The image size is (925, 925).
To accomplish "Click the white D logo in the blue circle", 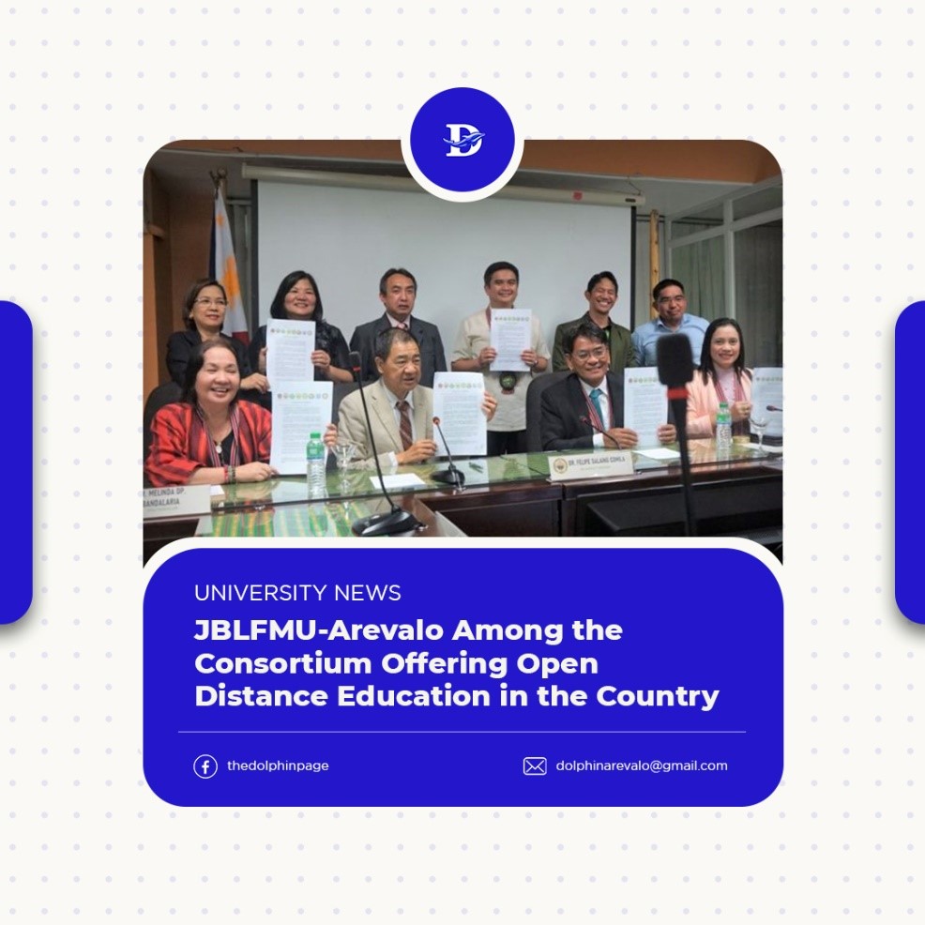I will coord(462,142).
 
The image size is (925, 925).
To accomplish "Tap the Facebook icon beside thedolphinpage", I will coord(205,766).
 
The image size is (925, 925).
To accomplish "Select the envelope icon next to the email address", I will coord(535,766).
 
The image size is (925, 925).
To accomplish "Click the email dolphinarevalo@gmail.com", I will coord(642,766).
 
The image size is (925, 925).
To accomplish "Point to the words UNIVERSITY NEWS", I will coord(297,593).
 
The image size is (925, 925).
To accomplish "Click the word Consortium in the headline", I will coord(282,662).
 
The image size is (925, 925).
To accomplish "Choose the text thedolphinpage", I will coord(278,766).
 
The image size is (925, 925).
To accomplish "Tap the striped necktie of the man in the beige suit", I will coord(404,424).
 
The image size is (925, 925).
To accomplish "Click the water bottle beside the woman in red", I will coord(316,463).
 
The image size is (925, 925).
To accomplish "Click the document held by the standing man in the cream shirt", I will coord(510,340).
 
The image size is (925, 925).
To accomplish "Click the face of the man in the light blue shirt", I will coord(669,299).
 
